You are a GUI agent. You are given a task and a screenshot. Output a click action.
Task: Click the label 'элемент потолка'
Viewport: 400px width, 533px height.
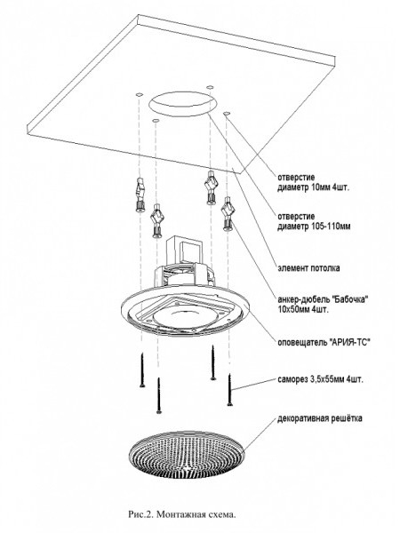pyautogui.click(x=308, y=268)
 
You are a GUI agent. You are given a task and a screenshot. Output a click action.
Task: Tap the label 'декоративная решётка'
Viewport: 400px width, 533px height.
pyautogui.click(x=319, y=418)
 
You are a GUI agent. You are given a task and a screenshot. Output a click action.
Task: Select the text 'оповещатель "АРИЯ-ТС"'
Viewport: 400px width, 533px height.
pyautogui.click(x=324, y=342)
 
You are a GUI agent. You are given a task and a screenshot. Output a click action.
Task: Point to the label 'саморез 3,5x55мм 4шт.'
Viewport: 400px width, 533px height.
pyautogui.click(x=320, y=379)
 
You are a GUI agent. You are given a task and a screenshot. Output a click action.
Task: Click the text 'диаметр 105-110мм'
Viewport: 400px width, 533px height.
pyautogui.click(x=314, y=226)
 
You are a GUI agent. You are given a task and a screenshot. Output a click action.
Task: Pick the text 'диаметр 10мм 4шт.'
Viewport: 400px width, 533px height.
pyautogui.click(x=313, y=187)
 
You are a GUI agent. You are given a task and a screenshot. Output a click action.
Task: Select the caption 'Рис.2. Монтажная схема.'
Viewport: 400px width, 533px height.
pyautogui.click(x=182, y=514)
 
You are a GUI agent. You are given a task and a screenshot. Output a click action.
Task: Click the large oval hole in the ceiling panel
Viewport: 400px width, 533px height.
pyautogui.click(x=182, y=104)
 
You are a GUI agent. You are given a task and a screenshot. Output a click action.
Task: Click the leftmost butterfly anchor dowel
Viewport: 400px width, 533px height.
pyautogui.click(x=140, y=195)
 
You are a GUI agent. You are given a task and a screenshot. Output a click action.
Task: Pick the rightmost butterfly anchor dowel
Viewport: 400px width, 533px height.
pyautogui.click(x=228, y=213)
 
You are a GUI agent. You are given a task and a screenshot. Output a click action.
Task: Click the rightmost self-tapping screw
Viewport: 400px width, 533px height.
pyautogui.click(x=229, y=390)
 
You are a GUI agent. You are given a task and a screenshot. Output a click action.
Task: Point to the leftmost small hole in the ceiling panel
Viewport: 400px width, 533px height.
pyautogui.click(x=139, y=93)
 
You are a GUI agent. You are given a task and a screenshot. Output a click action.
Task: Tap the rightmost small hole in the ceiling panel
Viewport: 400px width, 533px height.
pyautogui.click(x=227, y=113)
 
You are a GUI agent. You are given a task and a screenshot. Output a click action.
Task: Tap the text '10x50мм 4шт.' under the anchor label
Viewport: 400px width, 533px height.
pyautogui.click(x=303, y=310)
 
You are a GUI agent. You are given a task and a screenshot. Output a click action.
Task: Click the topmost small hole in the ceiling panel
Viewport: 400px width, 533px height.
pyautogui.click(x=210, y=87)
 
